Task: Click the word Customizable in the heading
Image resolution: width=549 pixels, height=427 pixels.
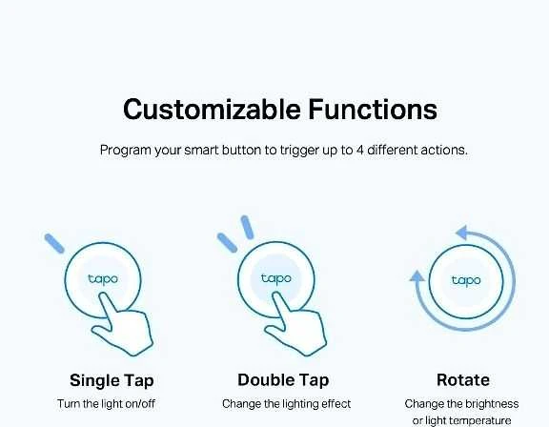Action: (212, 110)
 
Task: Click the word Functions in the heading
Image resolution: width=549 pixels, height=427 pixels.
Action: (373, 110)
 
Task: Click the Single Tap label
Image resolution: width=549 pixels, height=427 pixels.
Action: (112, 381)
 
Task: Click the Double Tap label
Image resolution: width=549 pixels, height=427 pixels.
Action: (283, 380)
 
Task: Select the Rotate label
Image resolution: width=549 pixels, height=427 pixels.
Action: (463, 380)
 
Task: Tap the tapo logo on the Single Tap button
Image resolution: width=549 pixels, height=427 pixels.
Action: (103, 279)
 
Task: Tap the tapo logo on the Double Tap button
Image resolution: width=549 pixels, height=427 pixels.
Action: (276, 278)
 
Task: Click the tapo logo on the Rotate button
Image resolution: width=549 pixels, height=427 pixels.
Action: (466, 281)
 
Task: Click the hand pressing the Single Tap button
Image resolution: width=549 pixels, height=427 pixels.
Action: (124, 326)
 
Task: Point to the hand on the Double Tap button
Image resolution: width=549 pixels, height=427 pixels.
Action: (297, 326)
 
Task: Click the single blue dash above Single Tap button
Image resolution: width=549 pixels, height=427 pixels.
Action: (54, 243)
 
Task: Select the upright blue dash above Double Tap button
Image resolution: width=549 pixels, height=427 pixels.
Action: (247, 228)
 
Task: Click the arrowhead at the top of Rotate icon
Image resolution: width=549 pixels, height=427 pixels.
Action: (462, 233)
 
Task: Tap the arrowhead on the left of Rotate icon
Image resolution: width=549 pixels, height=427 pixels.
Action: (417, 275)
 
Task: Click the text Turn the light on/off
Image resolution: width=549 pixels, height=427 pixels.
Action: (106, 404)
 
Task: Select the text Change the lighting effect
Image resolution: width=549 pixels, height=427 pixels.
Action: (286, 404)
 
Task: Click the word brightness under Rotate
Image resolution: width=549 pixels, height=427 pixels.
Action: (489, 404)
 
